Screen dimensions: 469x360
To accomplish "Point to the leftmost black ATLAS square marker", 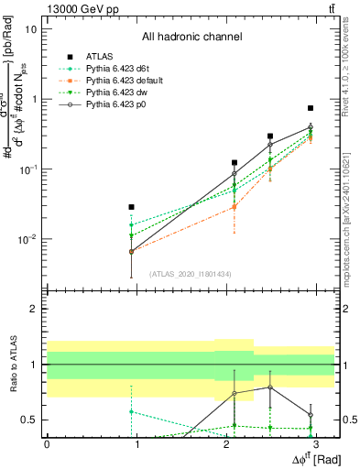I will tap(132, 207).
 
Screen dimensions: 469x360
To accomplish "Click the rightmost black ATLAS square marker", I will tap(311, 108).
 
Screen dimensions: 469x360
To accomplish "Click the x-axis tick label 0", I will tap(46, 442).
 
